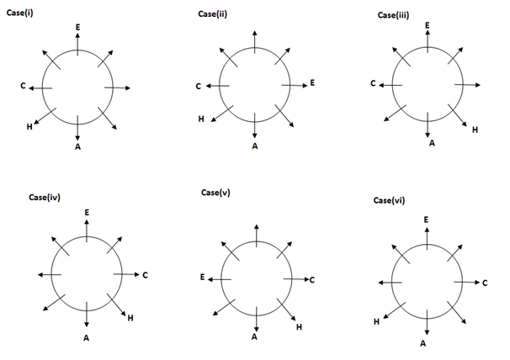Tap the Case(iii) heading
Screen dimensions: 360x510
click(391, 13)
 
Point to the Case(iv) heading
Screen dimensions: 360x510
click(43, 198)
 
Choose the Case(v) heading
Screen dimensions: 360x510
click(215, 193)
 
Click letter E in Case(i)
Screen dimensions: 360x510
click(78, 27)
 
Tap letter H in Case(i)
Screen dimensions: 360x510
click(29, 127)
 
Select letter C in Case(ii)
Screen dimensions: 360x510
click(199, 86)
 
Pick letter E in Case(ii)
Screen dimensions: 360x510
click(312, 82)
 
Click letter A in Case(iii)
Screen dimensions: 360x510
click(433, 143)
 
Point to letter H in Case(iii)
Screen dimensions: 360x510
click(475, 130)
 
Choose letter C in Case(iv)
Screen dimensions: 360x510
click(145, 274)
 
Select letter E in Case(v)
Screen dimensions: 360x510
click(202, 277)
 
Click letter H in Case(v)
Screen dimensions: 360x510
click(299, 326)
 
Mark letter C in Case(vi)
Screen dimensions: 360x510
click(485, 283)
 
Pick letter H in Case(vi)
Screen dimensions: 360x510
click(376, 321)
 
